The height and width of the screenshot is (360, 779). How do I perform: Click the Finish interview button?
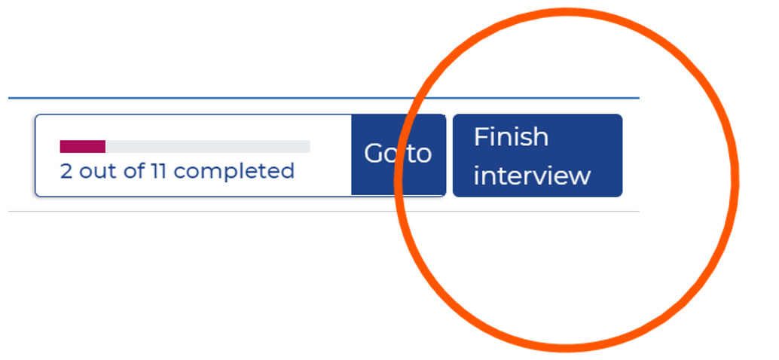coord(537,155)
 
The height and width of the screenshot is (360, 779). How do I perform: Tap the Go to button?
coord(398,154)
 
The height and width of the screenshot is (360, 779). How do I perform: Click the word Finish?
coord(511,137)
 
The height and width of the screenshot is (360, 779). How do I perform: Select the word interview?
coord(531,175)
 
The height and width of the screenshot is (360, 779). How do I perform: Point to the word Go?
coord(380,154)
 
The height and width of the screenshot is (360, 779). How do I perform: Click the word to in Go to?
coord(419,154)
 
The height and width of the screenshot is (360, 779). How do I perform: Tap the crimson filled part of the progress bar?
coord(82,146)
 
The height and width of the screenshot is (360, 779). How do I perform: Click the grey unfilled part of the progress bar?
coord(207,146)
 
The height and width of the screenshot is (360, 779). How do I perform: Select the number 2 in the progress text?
coord(66,172)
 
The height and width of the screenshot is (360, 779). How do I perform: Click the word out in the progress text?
coord(97,172)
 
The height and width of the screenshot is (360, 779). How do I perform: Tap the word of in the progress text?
coord(134,172)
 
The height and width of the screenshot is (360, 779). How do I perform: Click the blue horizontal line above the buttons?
coord(226,98)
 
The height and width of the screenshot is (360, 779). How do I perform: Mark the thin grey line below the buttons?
coord(226,212)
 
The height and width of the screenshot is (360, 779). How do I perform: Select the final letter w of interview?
coord(581,176)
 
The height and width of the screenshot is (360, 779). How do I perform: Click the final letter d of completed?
coord(288,171)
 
